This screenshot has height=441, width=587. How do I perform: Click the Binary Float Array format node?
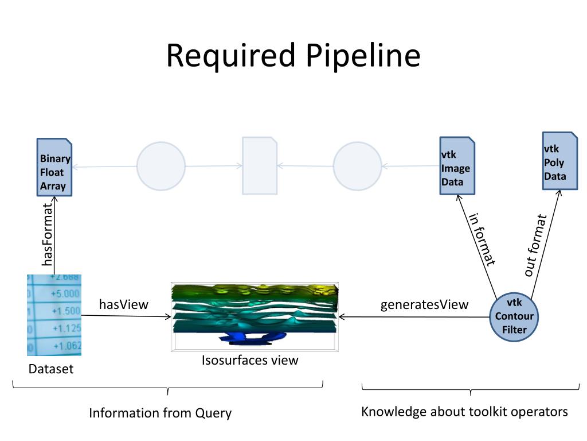(54, 167)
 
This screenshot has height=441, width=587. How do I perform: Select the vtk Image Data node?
(457, 166)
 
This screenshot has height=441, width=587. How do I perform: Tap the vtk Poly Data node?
(560, 161)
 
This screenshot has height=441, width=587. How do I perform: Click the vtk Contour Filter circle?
(514, 317)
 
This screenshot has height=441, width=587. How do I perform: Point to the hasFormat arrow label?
(47, 234)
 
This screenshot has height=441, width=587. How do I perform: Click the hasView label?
(124, 304)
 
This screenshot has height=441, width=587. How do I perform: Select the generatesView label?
(424, 304)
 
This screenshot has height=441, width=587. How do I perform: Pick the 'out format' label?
(535, 245)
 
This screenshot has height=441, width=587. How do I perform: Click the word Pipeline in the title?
(363, 56)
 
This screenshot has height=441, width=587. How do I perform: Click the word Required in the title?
(231, 56)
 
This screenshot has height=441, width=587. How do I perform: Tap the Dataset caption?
(51, 369)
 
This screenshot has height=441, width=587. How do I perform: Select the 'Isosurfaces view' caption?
(250, 360)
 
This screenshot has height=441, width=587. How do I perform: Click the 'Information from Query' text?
(161, 413)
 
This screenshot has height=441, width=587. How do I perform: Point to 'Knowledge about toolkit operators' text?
(464, 412)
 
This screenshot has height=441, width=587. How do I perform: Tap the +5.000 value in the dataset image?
(65, 293)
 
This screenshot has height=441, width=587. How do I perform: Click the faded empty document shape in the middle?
(260, 165)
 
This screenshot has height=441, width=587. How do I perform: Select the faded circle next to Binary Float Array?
(161, 166)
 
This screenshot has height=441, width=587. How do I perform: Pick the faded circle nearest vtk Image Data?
(357, 166)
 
